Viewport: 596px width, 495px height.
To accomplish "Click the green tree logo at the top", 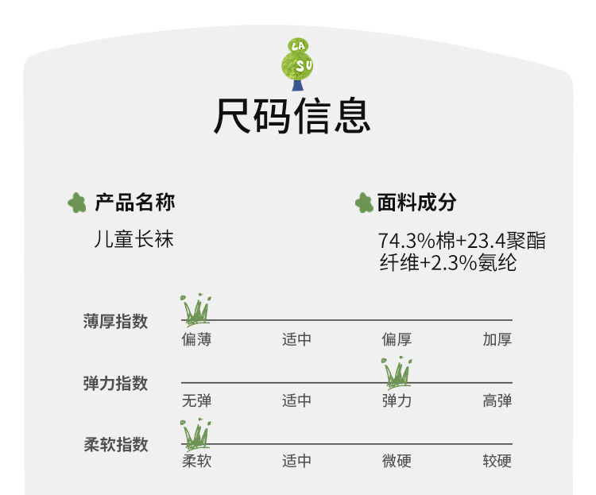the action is tap(298, 64).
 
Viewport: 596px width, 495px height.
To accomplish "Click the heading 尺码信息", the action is tap(292, 117).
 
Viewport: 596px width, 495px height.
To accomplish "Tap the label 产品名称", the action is tap(134, 203).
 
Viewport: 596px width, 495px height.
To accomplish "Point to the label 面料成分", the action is tap(416, 203).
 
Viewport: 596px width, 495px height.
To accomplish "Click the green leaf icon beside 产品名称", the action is tap(76, 203).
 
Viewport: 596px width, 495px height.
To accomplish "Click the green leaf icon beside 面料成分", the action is tap(364, 203).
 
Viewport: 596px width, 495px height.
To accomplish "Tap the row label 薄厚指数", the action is tap(115, 322).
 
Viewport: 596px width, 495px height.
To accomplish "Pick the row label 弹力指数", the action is tap(115, 384).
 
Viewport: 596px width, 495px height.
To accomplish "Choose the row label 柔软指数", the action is tap(115, 445).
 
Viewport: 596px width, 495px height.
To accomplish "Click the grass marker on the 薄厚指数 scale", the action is tap(196, 309).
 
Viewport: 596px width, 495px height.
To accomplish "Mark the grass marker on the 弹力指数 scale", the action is tap(397, 371).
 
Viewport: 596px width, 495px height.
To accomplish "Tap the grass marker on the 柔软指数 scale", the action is tap(195, 433).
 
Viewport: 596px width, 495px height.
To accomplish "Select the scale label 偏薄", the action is tap(196, 340).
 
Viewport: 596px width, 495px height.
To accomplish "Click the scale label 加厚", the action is tap(497, 340).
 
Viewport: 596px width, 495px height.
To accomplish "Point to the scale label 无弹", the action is tap(196, 400).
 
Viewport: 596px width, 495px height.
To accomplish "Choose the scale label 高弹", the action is tap(497, 400).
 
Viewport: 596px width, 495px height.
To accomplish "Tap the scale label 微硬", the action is tap(397, 461).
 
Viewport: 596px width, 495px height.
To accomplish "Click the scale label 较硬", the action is tap(497, 461).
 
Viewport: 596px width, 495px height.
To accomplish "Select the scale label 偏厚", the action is tap(397, 340).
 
